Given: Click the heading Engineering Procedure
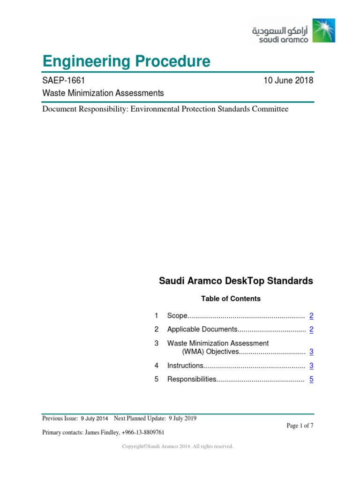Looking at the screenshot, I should click(x=126, y=61).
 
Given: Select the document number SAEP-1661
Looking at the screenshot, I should click(x=63, y=81).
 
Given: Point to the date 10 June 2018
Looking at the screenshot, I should click(x=288, y=81).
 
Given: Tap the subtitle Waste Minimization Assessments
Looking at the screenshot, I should click(x=103, y=93).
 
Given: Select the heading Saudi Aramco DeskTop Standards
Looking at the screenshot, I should click(x=236, y=281).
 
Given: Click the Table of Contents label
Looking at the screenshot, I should click(x=231, y=299).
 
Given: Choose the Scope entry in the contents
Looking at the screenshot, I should click(x=177, y=316).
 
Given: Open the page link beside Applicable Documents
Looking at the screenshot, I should click(x=311, y=330).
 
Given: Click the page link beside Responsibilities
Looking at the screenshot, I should click(x=311, y=379).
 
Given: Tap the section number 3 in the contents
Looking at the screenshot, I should click(x=157, y=344).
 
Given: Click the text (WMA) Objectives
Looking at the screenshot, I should click(x=210, y=352).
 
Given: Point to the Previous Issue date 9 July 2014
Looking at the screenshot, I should click(x=94, y=418).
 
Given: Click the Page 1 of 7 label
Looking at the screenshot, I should click(x=300, y=426).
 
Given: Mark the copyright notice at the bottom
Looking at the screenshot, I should click(x=178, y=447).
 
